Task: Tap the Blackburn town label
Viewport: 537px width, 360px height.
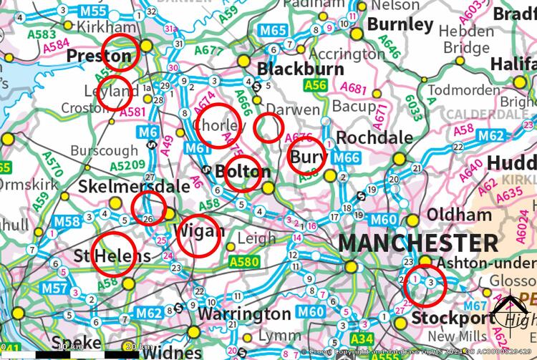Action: (x=296, y=69)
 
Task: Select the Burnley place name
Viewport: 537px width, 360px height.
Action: (x=400, y=24)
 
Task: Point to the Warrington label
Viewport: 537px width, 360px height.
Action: (x=244, y=314)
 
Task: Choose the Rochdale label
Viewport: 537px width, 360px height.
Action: (x=374, y=137)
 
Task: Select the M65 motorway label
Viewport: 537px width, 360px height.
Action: (x=273, y=30)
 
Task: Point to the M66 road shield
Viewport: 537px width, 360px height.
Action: (x=346, y=157)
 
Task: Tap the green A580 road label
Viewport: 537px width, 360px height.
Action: (x=244, y=263)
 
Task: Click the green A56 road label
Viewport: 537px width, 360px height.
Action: (x=314, y=85)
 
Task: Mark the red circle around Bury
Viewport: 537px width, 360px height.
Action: (x=307, y=157)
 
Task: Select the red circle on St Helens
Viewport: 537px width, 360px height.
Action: (x=114, y=253)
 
